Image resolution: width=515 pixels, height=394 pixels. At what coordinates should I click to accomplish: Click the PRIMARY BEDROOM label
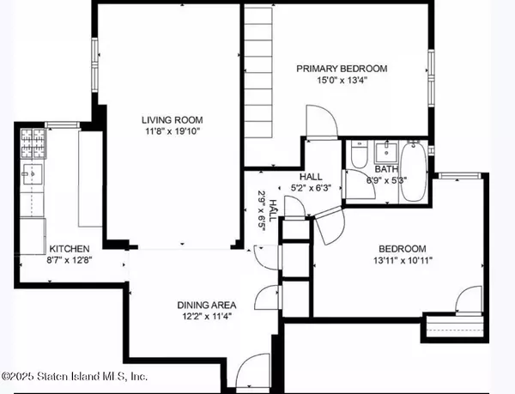[342, 69]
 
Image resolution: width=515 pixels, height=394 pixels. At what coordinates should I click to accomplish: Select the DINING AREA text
[206, 305]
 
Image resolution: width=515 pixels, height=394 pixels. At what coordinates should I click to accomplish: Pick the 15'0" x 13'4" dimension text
[342, 81]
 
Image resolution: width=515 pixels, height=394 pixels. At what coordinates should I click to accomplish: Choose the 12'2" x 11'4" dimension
[206, 316]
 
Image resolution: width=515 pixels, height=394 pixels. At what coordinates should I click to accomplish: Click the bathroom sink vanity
[382, 154]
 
